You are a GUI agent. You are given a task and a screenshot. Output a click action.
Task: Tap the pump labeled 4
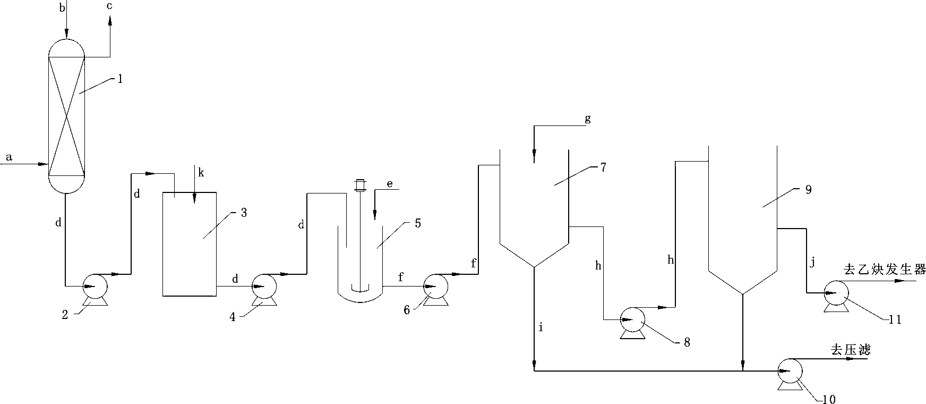[264, 290]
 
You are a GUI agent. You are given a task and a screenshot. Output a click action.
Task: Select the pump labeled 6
[435, 290]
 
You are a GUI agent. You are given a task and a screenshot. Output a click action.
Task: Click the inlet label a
[9, 157]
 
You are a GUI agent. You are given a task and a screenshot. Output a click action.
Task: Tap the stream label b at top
[62, 7]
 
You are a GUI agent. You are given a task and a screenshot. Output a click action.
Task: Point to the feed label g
[588, 119]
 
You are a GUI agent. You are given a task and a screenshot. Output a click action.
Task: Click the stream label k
[200, 173]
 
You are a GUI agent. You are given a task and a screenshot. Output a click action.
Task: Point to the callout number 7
[603, 167]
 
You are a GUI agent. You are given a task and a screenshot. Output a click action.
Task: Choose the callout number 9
[808, 190]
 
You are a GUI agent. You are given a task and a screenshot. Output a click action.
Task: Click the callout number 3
[244, 213]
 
